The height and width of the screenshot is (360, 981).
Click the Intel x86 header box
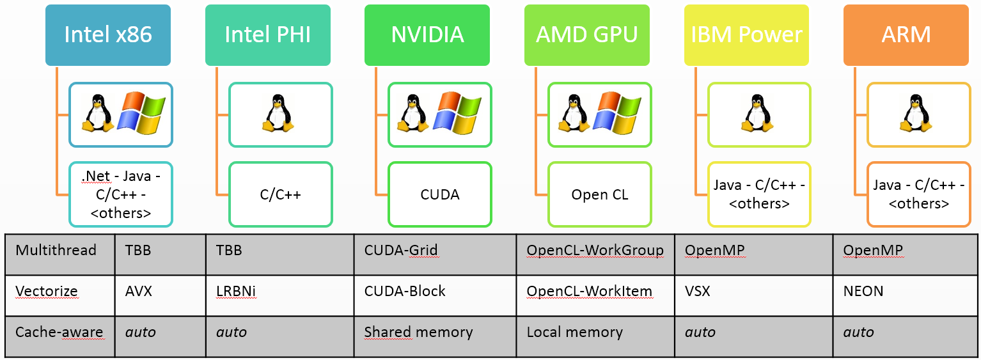click(108, 35)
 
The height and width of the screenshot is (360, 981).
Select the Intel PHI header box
click(268, 35)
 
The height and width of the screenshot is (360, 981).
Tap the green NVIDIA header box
click(427, 35)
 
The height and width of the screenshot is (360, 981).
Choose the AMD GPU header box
click(586, 35)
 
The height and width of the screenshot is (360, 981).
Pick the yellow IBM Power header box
click(746, 35)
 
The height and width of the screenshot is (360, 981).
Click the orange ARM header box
click(906, 35)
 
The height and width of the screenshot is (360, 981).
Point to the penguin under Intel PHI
click(278, 114)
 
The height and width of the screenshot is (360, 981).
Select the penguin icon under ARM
click(916, 114)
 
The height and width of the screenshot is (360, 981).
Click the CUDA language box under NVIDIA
click(439, 194)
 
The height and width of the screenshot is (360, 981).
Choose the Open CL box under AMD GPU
click(599, 194)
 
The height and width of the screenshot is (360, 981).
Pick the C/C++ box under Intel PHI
click(280, 194)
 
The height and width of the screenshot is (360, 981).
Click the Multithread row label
click(56, 250)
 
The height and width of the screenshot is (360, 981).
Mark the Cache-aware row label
click(59, 332)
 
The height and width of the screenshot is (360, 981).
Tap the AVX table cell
click(138, 291)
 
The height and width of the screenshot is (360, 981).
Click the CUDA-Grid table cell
click(401, 250)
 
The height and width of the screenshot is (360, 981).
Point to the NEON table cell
click(863, 291)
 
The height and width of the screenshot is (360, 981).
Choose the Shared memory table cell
click(418, 332)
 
